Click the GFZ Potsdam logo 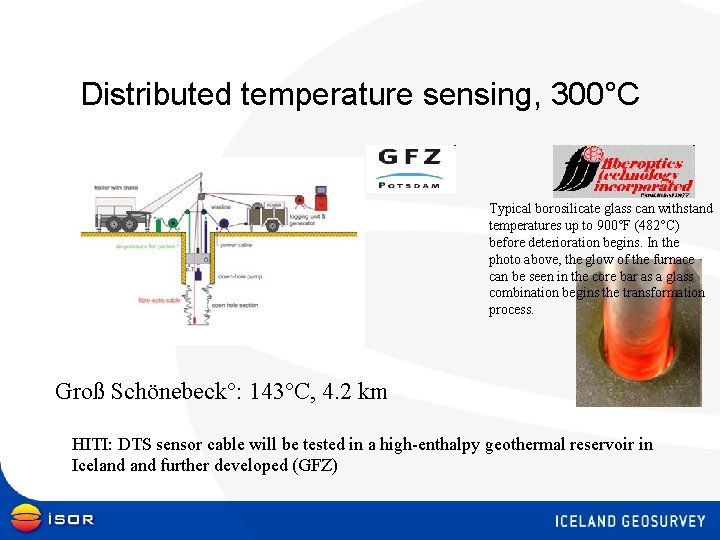coord(410,168)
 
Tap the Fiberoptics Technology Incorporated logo coord(623,169)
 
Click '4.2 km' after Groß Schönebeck coord(352,392)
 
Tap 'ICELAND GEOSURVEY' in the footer coord(629,521)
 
